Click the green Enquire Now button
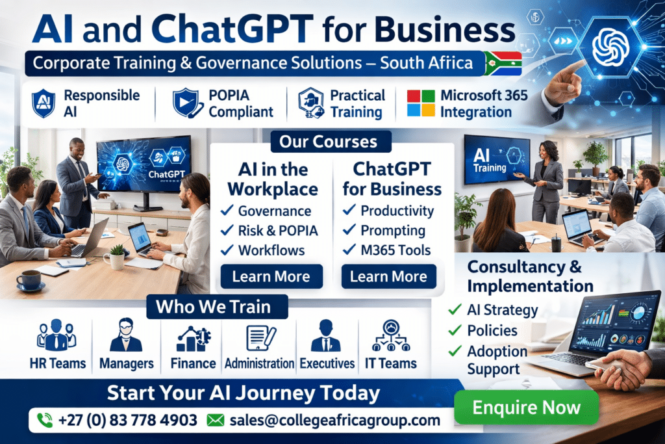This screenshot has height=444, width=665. (526, 408)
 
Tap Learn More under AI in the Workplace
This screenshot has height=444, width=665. (271, 276)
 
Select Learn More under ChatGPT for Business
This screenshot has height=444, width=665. (389, 276)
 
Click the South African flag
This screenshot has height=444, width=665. (503, 64)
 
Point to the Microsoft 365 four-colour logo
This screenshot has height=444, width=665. (421, 103)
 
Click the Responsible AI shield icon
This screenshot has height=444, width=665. (44, 103)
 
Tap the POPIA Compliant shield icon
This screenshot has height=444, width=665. (185, 103)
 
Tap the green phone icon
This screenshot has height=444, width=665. (45, 420)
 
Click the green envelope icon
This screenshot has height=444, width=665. (215, 420)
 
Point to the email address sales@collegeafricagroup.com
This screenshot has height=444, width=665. (334, 420)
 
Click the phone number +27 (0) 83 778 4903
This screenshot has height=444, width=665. (127, 420)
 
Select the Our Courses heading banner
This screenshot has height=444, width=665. (328, 141)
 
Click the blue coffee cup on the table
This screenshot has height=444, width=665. (29, 280)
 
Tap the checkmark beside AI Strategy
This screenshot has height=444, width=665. (455, 309)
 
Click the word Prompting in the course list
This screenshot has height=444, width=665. (393, 230)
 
